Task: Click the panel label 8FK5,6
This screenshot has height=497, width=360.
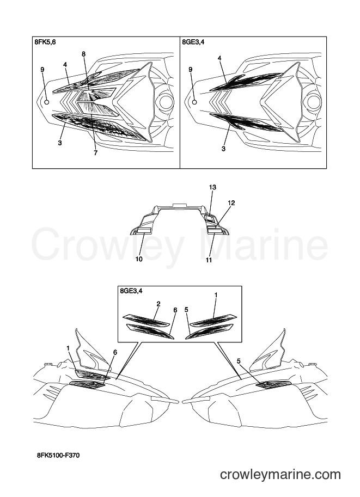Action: (x=45, y=42)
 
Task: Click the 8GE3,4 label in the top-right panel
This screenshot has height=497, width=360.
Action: (x=193, y=42)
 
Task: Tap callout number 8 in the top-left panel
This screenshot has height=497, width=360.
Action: (x=84, y=54)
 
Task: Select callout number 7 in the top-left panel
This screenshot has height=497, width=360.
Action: (x=96, y=153)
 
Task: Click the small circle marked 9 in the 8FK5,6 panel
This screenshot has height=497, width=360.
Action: (x=47, y=102)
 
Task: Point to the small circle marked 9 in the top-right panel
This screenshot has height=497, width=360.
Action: (x=195, y=102)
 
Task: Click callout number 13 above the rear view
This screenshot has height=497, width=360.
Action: (x=212, y=187)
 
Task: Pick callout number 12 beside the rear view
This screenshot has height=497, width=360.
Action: (x=231, y=203)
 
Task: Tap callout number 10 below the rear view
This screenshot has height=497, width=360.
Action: (x=139, y=259)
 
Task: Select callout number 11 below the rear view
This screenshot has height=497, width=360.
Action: (x=209, y=260)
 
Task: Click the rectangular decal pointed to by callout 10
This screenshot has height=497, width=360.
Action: (x=143, y=230)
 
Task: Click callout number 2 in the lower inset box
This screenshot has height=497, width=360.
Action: (x=158, y=304)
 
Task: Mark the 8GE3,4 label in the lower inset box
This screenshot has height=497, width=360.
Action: (x=131, y=291)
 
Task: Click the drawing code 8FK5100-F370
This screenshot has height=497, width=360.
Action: (x=57, y=456)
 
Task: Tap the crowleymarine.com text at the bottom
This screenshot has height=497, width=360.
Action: (x=280, y=475)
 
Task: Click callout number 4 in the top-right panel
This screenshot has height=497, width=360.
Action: (x=219, y=58)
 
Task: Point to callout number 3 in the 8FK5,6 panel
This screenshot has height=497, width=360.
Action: (x=59, y=143)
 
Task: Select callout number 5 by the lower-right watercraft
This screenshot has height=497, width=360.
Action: (x=239, y=361)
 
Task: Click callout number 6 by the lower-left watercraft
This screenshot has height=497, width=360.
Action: (x=115, y=352)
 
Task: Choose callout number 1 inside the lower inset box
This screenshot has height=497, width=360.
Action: (x=216, y=295)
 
